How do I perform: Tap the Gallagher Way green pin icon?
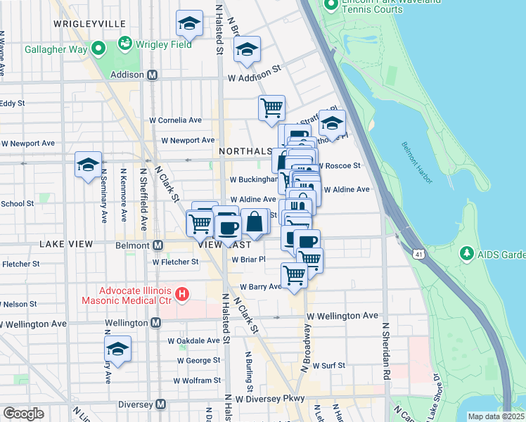[98, 49]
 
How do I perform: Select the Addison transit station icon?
[152, 75]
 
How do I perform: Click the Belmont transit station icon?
[158, 245]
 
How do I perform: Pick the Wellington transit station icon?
[155, 323]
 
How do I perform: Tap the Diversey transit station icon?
[160, 404]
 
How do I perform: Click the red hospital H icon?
[182, 293]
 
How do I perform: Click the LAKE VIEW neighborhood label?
[66, 244]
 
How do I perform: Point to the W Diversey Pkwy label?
[270, 399]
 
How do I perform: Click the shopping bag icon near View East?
[255, 222]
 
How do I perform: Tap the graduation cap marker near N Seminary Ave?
[88, 165]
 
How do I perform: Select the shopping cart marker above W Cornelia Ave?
[271, 108]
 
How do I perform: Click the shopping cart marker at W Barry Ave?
[293, 276]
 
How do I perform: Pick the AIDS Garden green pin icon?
[466, 252]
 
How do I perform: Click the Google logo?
[24, 414]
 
